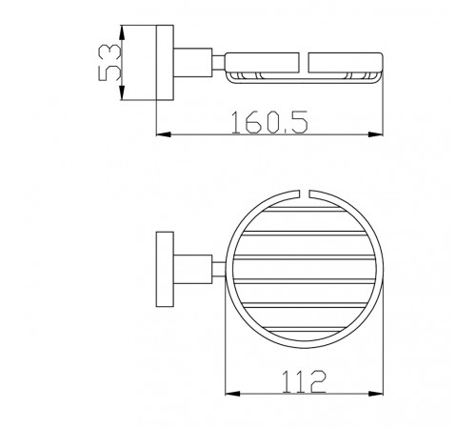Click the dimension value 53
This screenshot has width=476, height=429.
[109, 63]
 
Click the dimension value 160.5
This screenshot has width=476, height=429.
[269, 122]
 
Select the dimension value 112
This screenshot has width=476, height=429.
[304, 381]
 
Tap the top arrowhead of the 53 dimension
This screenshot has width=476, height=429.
[122, 32]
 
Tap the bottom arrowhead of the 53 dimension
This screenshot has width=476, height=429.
[122, 92]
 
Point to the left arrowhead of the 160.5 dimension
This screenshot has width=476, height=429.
[164, 134]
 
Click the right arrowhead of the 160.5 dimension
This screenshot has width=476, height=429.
[375, 134]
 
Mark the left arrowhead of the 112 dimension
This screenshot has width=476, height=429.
[232, 394]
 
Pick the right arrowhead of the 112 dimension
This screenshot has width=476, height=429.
[375, 394]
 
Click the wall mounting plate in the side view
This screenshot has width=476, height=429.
[165, 63]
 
